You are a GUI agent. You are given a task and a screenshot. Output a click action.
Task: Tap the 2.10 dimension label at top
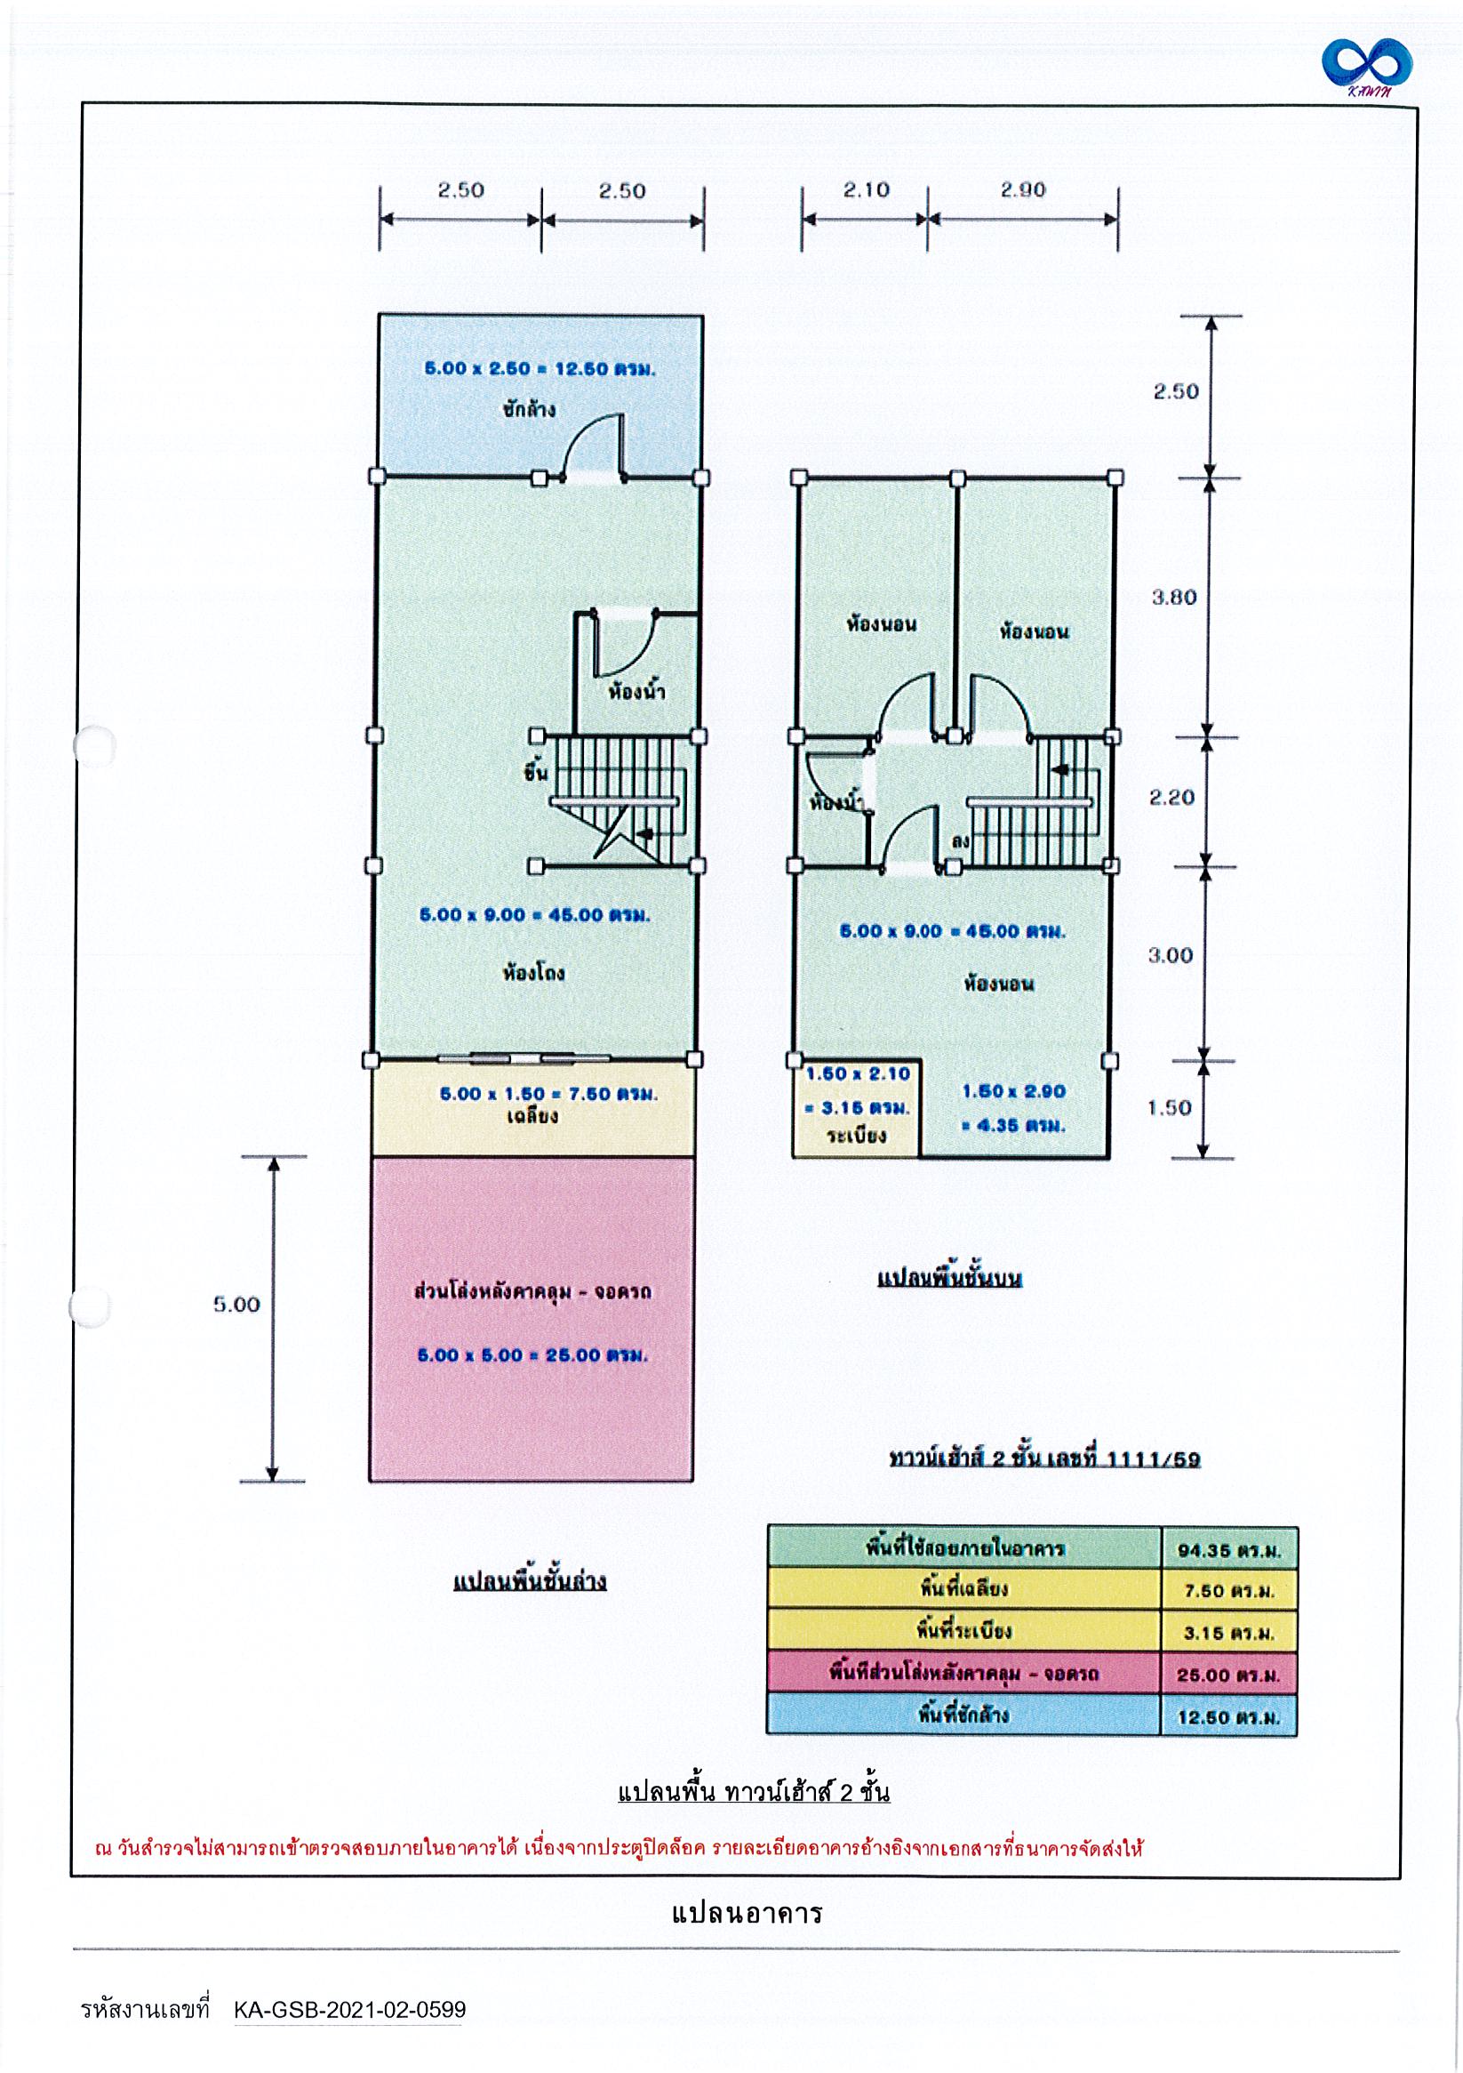click(866, 189)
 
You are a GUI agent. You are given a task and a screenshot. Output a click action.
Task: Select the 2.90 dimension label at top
click(1021, 189)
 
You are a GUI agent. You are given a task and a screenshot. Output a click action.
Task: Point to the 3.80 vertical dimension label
click(1173, 598)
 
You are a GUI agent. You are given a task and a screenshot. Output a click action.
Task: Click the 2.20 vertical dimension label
click(1171, 798)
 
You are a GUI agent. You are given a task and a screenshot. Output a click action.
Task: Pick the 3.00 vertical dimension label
click(1170, 955)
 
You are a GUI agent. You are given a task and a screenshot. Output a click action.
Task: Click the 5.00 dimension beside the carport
click(236, 1305)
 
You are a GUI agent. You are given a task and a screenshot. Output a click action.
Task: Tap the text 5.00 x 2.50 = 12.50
click(540, 369)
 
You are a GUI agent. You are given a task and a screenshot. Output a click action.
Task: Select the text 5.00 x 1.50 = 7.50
click(548, 1094)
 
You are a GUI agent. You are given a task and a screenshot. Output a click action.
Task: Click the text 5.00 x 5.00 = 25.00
click(532, 1355)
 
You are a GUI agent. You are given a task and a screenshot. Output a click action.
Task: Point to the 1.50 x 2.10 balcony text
click(858, 1074)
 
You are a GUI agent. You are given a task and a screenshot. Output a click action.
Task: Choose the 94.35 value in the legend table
click(1228, 1551)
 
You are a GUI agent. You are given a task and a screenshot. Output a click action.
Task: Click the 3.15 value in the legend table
click(1228, 1634)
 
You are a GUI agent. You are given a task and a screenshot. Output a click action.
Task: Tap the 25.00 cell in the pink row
click(1228, 1675)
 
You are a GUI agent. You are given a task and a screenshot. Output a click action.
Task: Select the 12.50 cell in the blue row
click(1228, 1717)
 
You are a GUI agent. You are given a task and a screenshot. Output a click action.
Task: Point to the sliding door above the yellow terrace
click(524, 1058)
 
